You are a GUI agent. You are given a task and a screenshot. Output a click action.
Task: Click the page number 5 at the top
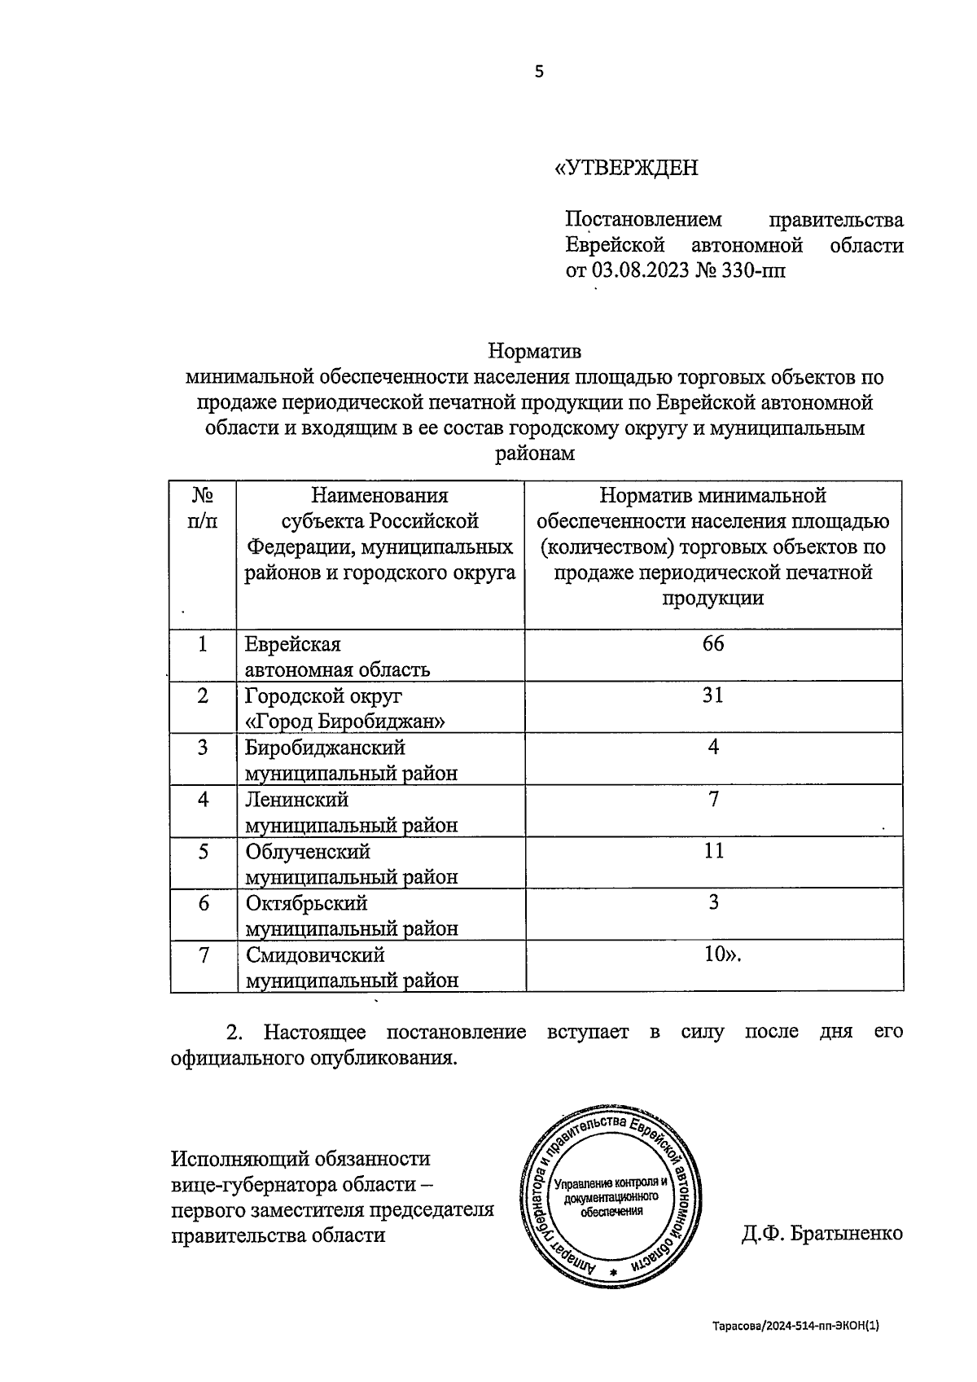pos(538,72)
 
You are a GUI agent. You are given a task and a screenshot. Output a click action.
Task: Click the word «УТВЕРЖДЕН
pos(626,168)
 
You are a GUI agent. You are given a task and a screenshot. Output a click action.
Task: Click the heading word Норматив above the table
pos(535,352)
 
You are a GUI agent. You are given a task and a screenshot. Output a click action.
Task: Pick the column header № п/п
pos(203,508)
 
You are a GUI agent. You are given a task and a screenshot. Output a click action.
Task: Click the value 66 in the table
pos(713,644)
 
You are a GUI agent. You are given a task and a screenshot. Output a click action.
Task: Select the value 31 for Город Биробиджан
pos(713,695)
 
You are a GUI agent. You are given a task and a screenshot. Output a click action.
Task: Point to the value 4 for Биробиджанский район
pos(713,747)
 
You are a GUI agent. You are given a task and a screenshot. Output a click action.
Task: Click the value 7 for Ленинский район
pos(713,799)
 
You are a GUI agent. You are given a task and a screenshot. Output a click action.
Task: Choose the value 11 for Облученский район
pos(713,851)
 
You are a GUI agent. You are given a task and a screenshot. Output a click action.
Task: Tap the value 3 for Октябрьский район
pos(713,902)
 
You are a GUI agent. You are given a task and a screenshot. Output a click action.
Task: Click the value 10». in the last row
pos(722,954)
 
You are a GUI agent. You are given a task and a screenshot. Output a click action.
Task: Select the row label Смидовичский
pos(315,955)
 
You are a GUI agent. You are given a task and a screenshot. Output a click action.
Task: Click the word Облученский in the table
pos(308,852)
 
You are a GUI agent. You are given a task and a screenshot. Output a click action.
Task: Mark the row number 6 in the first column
pos(203,903)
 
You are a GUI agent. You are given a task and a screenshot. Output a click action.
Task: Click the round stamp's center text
pos(611,1196)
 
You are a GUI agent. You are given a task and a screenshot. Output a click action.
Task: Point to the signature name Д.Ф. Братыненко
pos(821,1234)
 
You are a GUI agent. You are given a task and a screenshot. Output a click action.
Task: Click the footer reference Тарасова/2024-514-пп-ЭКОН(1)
pos(796,1326)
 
